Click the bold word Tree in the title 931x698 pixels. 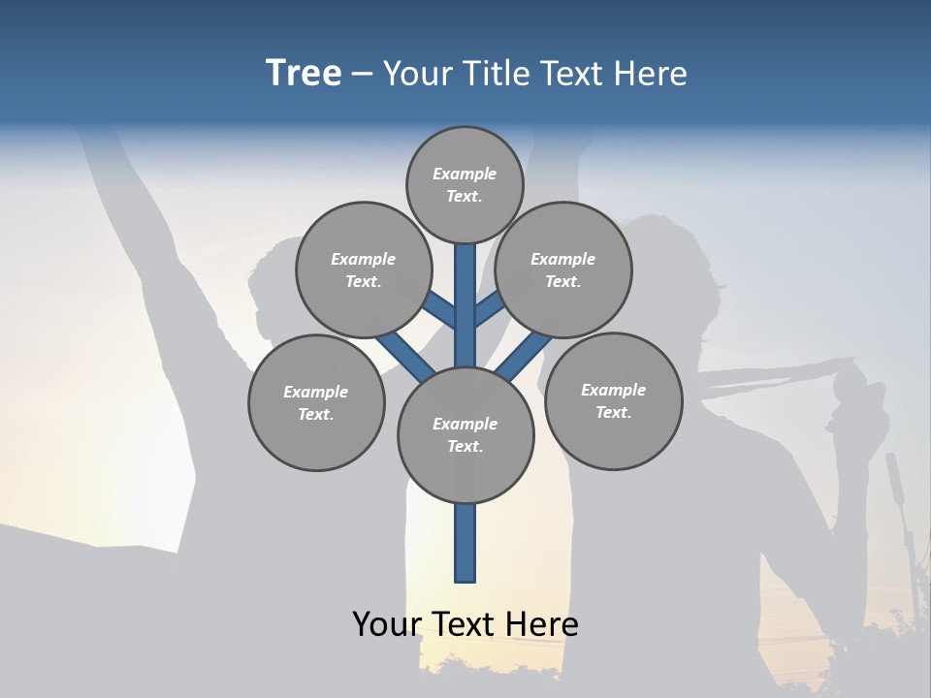point(304,74)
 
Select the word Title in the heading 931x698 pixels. point(494,74)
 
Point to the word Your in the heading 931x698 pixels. point(417,74)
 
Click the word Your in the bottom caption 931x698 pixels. point(386,624)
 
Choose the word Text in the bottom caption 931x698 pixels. point(465,624)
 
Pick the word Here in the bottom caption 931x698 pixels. point(543,624)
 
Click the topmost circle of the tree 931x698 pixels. point(465,184)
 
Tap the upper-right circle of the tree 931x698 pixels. point(563,270)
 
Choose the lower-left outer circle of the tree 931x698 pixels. point(316,402)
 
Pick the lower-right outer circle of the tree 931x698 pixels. point(613,400)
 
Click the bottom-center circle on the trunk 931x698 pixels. point(465,434)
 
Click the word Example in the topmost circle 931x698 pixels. point(465,174)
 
